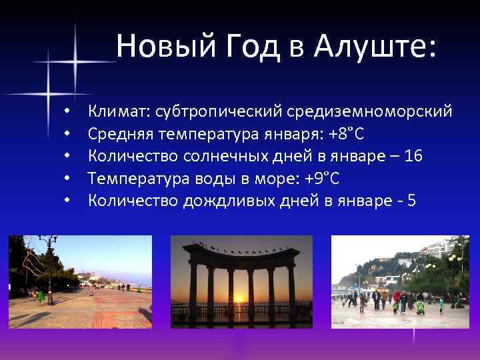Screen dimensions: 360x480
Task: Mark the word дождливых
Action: (229, 201)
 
